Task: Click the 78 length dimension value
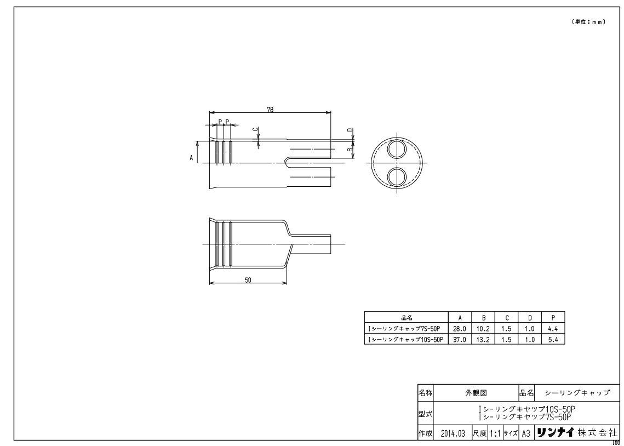[x=270, y=110]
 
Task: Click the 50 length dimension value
[x=248, y=280]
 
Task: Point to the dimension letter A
[x=191, y=158]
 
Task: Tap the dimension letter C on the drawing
[x=256, y=130]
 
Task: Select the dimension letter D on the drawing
[x=350, y=130]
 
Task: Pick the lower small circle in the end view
[x=397, y=178]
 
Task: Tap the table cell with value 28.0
[x=460, y=329]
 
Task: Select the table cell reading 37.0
[x=460, y=339]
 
